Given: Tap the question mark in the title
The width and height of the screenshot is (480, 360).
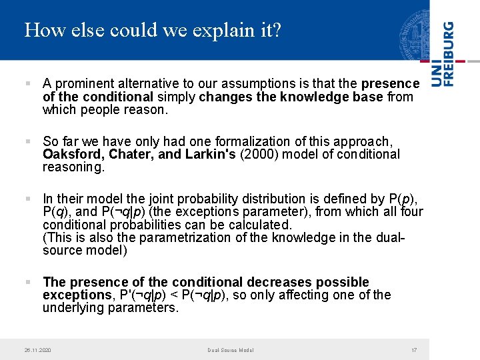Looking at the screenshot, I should click(x=277, y=30).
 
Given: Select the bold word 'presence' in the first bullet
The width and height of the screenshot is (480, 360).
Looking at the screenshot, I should click(x=391, y=84).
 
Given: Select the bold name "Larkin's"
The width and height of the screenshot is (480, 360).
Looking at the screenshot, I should click(x=207, y=155).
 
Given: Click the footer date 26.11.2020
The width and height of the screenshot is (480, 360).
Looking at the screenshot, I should click(x=37, y=350).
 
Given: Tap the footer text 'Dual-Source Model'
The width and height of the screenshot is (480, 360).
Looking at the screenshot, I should click(x=230, y=350).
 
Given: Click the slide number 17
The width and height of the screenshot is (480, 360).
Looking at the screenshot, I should click(x=414, y=350).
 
